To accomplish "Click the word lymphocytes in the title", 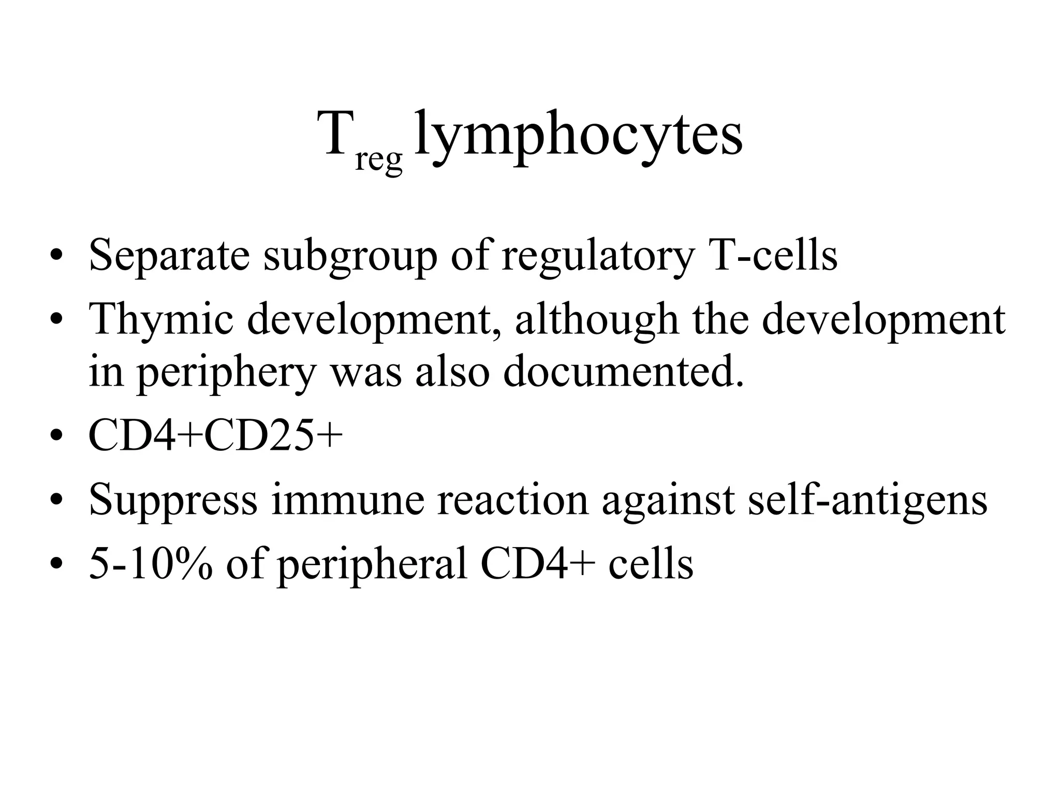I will pos(579,136).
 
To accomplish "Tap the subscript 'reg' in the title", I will pos(378,160).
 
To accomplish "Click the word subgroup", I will pos(350,257).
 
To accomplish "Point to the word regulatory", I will pos(597,257).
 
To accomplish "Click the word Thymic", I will pos(161,319).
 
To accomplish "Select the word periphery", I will pos(226,374).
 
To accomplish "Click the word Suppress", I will pos(173,501).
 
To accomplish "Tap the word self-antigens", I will pos(867,501).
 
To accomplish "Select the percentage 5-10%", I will pos(151,564).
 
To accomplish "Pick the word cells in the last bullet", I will pos(651,564).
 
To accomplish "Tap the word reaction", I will pos(513,500).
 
